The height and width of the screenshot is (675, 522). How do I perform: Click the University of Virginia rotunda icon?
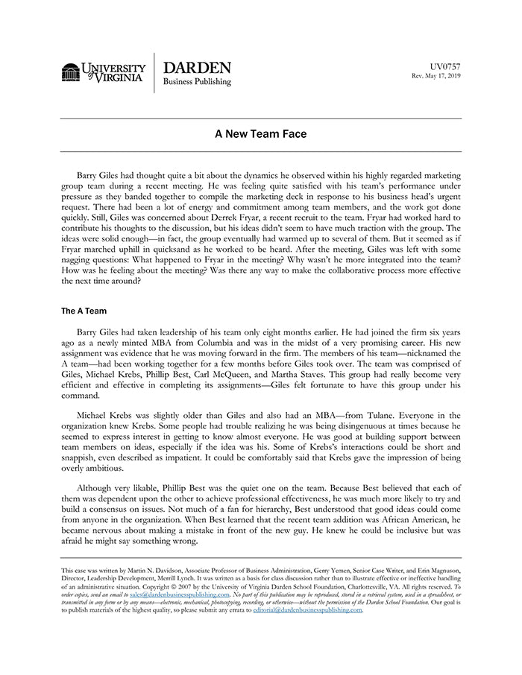point(71,72)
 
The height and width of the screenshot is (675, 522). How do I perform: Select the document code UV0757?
point(446,66)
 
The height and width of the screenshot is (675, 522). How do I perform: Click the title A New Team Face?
point(260,135)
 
